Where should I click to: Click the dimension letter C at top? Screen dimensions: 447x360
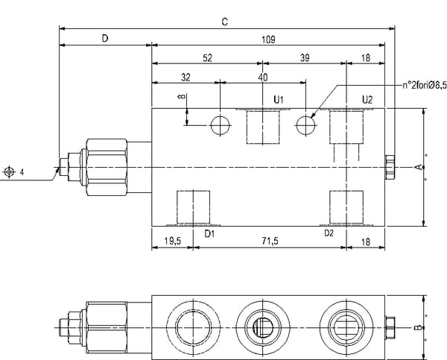point(225,22)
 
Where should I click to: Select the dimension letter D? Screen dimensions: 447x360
point(105,38)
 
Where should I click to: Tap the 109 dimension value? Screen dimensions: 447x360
point(268,40)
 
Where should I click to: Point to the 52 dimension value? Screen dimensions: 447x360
point(208,58)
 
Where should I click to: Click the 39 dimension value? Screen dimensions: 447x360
point(305,58)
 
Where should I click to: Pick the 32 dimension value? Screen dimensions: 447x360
point(186,78)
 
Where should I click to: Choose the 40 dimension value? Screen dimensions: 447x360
point(263,78)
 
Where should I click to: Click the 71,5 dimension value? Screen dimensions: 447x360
point(270,241)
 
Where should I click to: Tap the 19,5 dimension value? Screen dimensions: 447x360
point(173,241)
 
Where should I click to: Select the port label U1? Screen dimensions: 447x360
point(279,100)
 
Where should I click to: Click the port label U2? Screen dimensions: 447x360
point(367,100)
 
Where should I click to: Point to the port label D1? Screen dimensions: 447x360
point(209,234)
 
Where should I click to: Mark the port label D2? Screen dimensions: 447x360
point(329,233)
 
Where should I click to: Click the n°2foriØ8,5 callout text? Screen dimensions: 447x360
point(425,85)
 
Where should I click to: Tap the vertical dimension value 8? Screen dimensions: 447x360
point(182,97)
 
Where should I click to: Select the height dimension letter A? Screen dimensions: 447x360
point(418,167)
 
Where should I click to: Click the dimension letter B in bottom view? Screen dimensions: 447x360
point(418,327)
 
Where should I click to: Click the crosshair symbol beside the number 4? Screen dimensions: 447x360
point(9,172)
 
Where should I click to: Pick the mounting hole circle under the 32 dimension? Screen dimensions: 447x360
point(220,125)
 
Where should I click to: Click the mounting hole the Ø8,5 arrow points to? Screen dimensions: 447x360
point(305,125)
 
